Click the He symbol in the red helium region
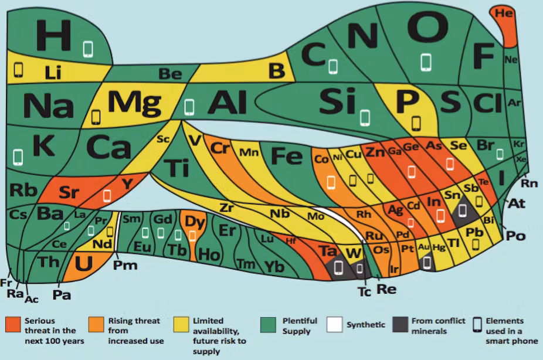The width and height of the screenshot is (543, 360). pyautogui.click(x=504, y=13)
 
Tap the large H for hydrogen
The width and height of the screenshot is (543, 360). pyautogui.click(x=54, y=35)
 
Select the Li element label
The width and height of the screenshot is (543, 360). pyautogui.click(x=53, y=73)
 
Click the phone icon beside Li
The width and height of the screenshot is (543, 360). pyautogui.click(x=18, y=70)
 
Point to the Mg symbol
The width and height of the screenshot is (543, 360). pyautogui.click(x=134, y=103)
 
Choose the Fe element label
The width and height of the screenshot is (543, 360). pyautogui.click(x=287, y=156)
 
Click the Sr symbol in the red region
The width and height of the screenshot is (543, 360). pyautogui.click(x=69, y=192)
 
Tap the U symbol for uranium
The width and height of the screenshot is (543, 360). pyautogui.click(x=84, y=263)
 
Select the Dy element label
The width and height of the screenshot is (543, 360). pyautogui.click(x=195, y=222)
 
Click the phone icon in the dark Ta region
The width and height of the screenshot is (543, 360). pyautogui.click(x=338, y=267)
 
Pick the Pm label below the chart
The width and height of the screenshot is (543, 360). pyautogui.click(x=125, y=266)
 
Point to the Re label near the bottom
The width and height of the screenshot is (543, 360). pyautogui.click(x=386, y=288)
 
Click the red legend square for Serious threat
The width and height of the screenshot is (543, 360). pyautogui.click(x=13, y=325)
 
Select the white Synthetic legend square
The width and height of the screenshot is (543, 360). pyautogui.click(x=334, y=324)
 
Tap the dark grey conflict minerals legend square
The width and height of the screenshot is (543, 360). pyautogui.click(x=401, y=324)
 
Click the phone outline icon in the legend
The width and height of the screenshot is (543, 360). pyautogui.click(x=477, y=325)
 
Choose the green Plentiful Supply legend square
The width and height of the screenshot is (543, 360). pyautogui.click(x=268, y=325)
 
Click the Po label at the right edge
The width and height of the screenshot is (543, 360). pyautogui.click(x=515, y=236)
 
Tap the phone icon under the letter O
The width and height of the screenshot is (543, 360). pyautogui.click(x=426, y=63)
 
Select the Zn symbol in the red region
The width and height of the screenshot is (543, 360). pyautogui.click(x=375, y=152)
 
